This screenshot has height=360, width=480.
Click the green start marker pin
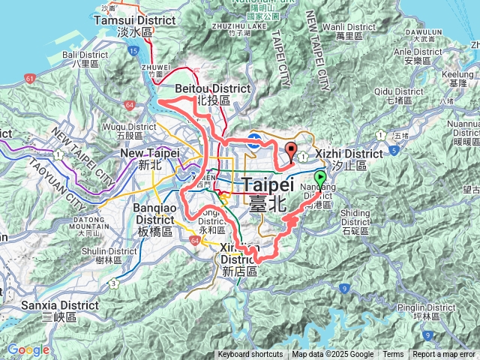320,178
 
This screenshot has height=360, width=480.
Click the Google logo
28,349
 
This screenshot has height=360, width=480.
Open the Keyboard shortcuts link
250,355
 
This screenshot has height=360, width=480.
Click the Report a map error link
444,355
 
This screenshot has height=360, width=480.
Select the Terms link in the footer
393,355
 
